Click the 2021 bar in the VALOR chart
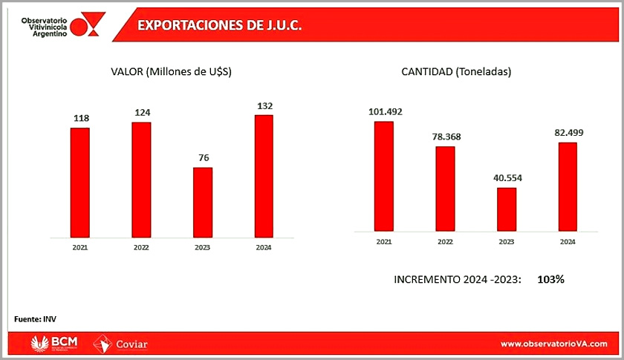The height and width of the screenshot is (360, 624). (x=80, y=183)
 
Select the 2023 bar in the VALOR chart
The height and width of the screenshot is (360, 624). (x=203, y=202)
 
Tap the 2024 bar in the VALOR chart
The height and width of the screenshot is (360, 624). (x=264, y=176)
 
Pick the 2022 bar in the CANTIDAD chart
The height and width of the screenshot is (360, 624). (x=445, y=189)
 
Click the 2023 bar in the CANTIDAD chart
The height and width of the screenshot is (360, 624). (x=507, y=209)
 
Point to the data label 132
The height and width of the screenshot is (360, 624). (x=264, y=105)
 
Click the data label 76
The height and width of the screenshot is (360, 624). (x=203, y=157)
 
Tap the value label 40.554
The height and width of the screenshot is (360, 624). (x=507, y=178)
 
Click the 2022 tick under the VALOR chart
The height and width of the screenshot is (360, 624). (x=141, y=247)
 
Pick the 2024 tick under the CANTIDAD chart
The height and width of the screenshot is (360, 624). (x=568, y=242)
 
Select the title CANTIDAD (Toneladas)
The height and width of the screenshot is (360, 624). (x=456, y=72)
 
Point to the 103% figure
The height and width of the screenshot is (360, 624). (x=551, y=279)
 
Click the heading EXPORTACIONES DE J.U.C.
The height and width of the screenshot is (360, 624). (x=219, y=25)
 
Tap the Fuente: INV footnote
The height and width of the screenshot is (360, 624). (x=36, y=319)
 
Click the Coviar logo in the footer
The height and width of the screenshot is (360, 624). (x=121, y=344)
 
